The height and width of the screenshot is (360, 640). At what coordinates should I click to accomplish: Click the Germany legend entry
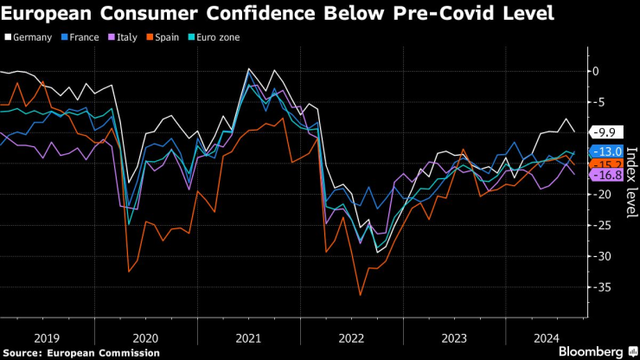pyautogui.click(x=32, y=37)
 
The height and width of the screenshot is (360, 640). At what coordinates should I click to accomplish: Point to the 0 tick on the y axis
pyautogui.click(x=594, y=71)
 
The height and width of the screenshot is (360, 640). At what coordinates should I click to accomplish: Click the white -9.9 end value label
pyautogui.click(x=605, y=132)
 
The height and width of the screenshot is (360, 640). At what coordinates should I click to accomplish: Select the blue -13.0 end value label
pyautogui.click(x=605, y=151)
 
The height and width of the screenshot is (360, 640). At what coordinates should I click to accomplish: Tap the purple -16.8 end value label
pyautogui.click(x=605, y=175)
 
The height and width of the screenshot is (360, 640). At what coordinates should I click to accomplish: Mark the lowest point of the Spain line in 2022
pyautogui.click(x=361, y=295)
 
